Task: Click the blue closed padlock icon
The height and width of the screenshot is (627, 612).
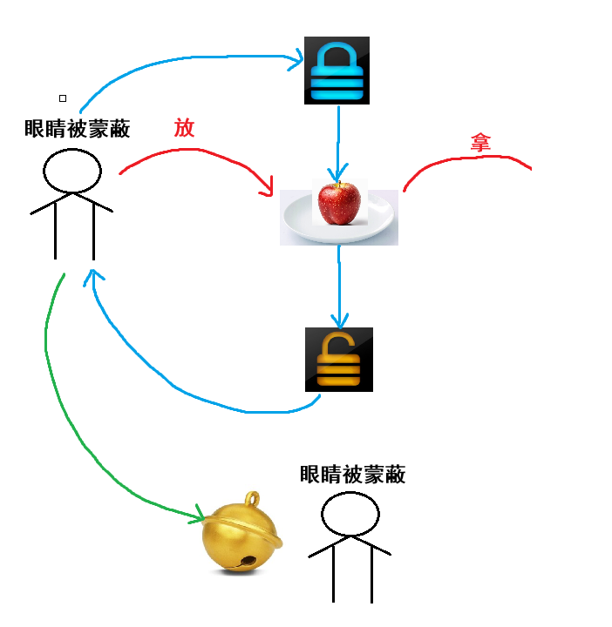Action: (x=337, y=71)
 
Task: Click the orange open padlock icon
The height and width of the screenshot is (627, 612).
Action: (x=339, y=359)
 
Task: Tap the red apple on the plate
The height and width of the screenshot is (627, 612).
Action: (x=339, y=203)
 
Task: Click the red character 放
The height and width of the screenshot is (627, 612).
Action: (x=184, y=129)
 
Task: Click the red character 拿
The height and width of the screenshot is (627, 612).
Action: (x=479, y=143)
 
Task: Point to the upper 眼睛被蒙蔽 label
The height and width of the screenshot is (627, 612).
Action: (x=78, y=130)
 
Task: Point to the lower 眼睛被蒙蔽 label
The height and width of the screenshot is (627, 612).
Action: (x=352, y=475)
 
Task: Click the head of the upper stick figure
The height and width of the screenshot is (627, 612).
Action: (x=72, y=171)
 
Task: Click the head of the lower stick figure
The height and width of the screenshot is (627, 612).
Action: (x=350, y=514)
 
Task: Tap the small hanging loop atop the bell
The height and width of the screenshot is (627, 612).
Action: (x=253, y=500)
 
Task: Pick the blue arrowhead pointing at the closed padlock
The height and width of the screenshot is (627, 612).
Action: (x=296, y=60)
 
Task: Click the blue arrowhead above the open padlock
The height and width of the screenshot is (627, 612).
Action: (x=340, y=320)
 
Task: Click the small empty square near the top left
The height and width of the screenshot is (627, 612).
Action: (x=63, y=98)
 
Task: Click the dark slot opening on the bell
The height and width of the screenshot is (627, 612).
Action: (x=249, y=560)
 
